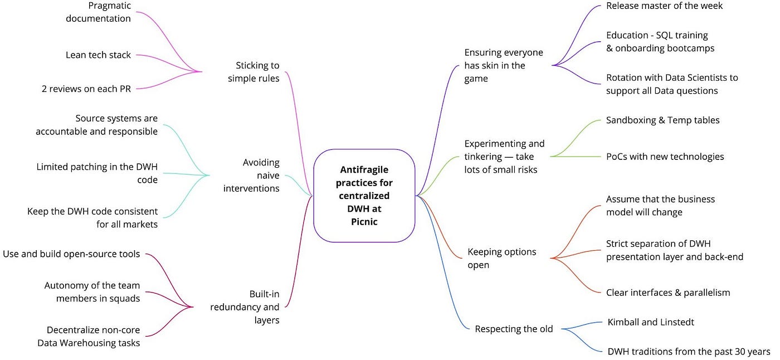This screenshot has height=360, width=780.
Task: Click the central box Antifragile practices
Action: (x=365, y=196)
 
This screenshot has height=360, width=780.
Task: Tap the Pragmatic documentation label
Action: (x=98, y=12)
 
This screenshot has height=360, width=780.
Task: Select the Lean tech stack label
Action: (x=98, y=55)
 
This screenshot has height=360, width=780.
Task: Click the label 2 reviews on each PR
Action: (x=86, y=88)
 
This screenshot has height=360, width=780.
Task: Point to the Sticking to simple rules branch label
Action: (x=253, y=72)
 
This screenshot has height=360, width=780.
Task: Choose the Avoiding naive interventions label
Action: (x=251, y=176)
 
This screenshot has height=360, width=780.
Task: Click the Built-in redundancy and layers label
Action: (x=245, y=307)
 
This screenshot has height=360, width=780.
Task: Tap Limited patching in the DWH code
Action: (x=97, y=173)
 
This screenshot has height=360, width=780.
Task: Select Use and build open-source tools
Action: (x=71, y=254)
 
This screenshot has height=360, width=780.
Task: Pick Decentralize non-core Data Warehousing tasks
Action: (x=89, y=336)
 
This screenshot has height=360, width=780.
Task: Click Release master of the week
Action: (x=664, y=6)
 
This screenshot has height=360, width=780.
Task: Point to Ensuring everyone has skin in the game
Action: (x=503, y=65)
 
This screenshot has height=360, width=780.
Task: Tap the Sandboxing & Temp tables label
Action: (x=663, y=120)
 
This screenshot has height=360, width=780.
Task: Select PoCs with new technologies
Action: (x=665, y=157)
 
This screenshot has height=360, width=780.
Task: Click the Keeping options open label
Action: (x=501, y=258)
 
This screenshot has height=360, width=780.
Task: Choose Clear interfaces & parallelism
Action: (x=667, y=292)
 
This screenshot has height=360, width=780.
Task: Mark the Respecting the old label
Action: (x=514, y=329)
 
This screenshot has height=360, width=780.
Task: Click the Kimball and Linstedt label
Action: (x=650, y=322)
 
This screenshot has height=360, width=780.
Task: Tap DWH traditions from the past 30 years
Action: (x=689, y=351)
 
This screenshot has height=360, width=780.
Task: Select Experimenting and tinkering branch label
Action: (x=504, y=157)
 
